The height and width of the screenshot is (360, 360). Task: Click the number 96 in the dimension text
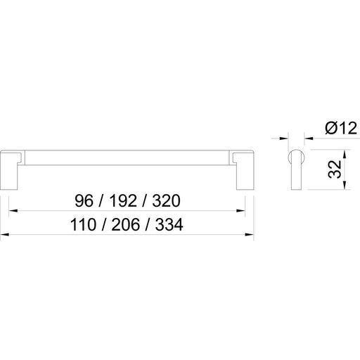[x=84, y=201]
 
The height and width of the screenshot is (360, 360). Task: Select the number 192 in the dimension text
[x=123, y=201]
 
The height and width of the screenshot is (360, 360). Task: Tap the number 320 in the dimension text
[x=166, y=201]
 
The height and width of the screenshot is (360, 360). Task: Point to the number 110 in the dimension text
[x=83, y=224]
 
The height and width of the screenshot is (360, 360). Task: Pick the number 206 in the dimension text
[x=126, y=224]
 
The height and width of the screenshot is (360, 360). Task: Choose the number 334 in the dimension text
[x=169, y=224]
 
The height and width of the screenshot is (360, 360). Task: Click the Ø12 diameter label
[x=341, y=129]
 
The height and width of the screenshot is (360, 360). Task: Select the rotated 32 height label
[x=335, y=169]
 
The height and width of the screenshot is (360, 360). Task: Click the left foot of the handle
[x=9, y=169]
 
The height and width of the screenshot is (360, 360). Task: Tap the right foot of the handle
[x=245, y=169]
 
